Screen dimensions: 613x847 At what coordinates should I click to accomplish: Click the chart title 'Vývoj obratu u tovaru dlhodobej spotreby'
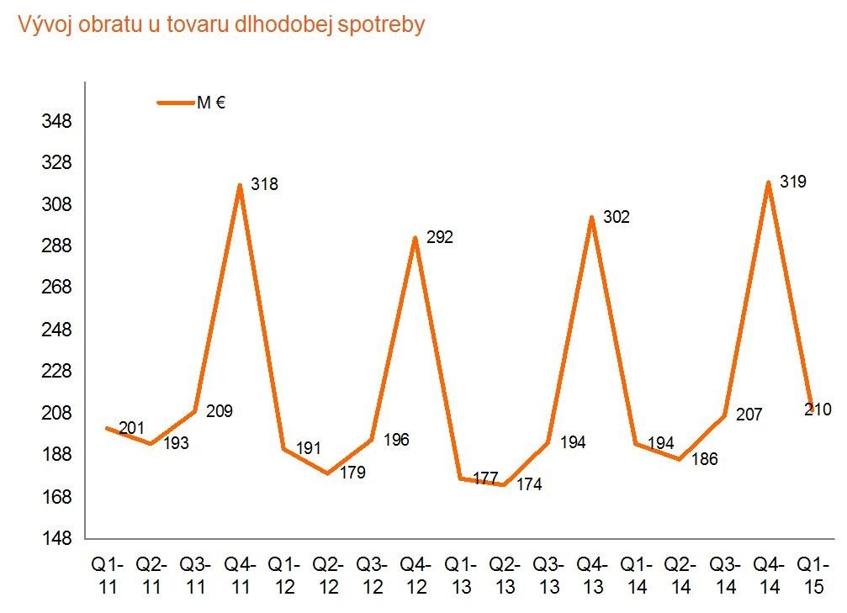[x=221, y=25]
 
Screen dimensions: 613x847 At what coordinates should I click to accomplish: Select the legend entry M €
[x=193, y=103]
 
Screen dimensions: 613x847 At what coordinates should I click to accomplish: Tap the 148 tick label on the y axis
[x=57, y=538]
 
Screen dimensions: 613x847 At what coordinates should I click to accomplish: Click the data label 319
[x=793, y=181]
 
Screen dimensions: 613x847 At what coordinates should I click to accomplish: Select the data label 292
[x=439, y=237]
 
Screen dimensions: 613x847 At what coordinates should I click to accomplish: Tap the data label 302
[x=616, y=217]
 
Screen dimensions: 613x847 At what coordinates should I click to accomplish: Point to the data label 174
[x=528, y=484]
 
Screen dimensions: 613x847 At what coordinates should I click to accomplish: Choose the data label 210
[x=818, y=410]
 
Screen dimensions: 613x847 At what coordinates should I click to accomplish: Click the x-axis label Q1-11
[x=108, y=575]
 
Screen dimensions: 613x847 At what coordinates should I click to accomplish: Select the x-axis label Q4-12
[x=416, y=575]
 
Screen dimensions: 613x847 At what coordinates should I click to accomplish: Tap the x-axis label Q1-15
[x=813, y=575]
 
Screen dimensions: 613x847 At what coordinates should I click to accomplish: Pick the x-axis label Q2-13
[x=505, y=575]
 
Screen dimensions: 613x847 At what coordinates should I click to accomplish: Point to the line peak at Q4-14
[x=768, y=182]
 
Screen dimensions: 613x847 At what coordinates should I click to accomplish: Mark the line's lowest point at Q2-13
[x=504, y=485]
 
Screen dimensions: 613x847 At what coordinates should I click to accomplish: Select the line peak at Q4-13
[x=592, y=217]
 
